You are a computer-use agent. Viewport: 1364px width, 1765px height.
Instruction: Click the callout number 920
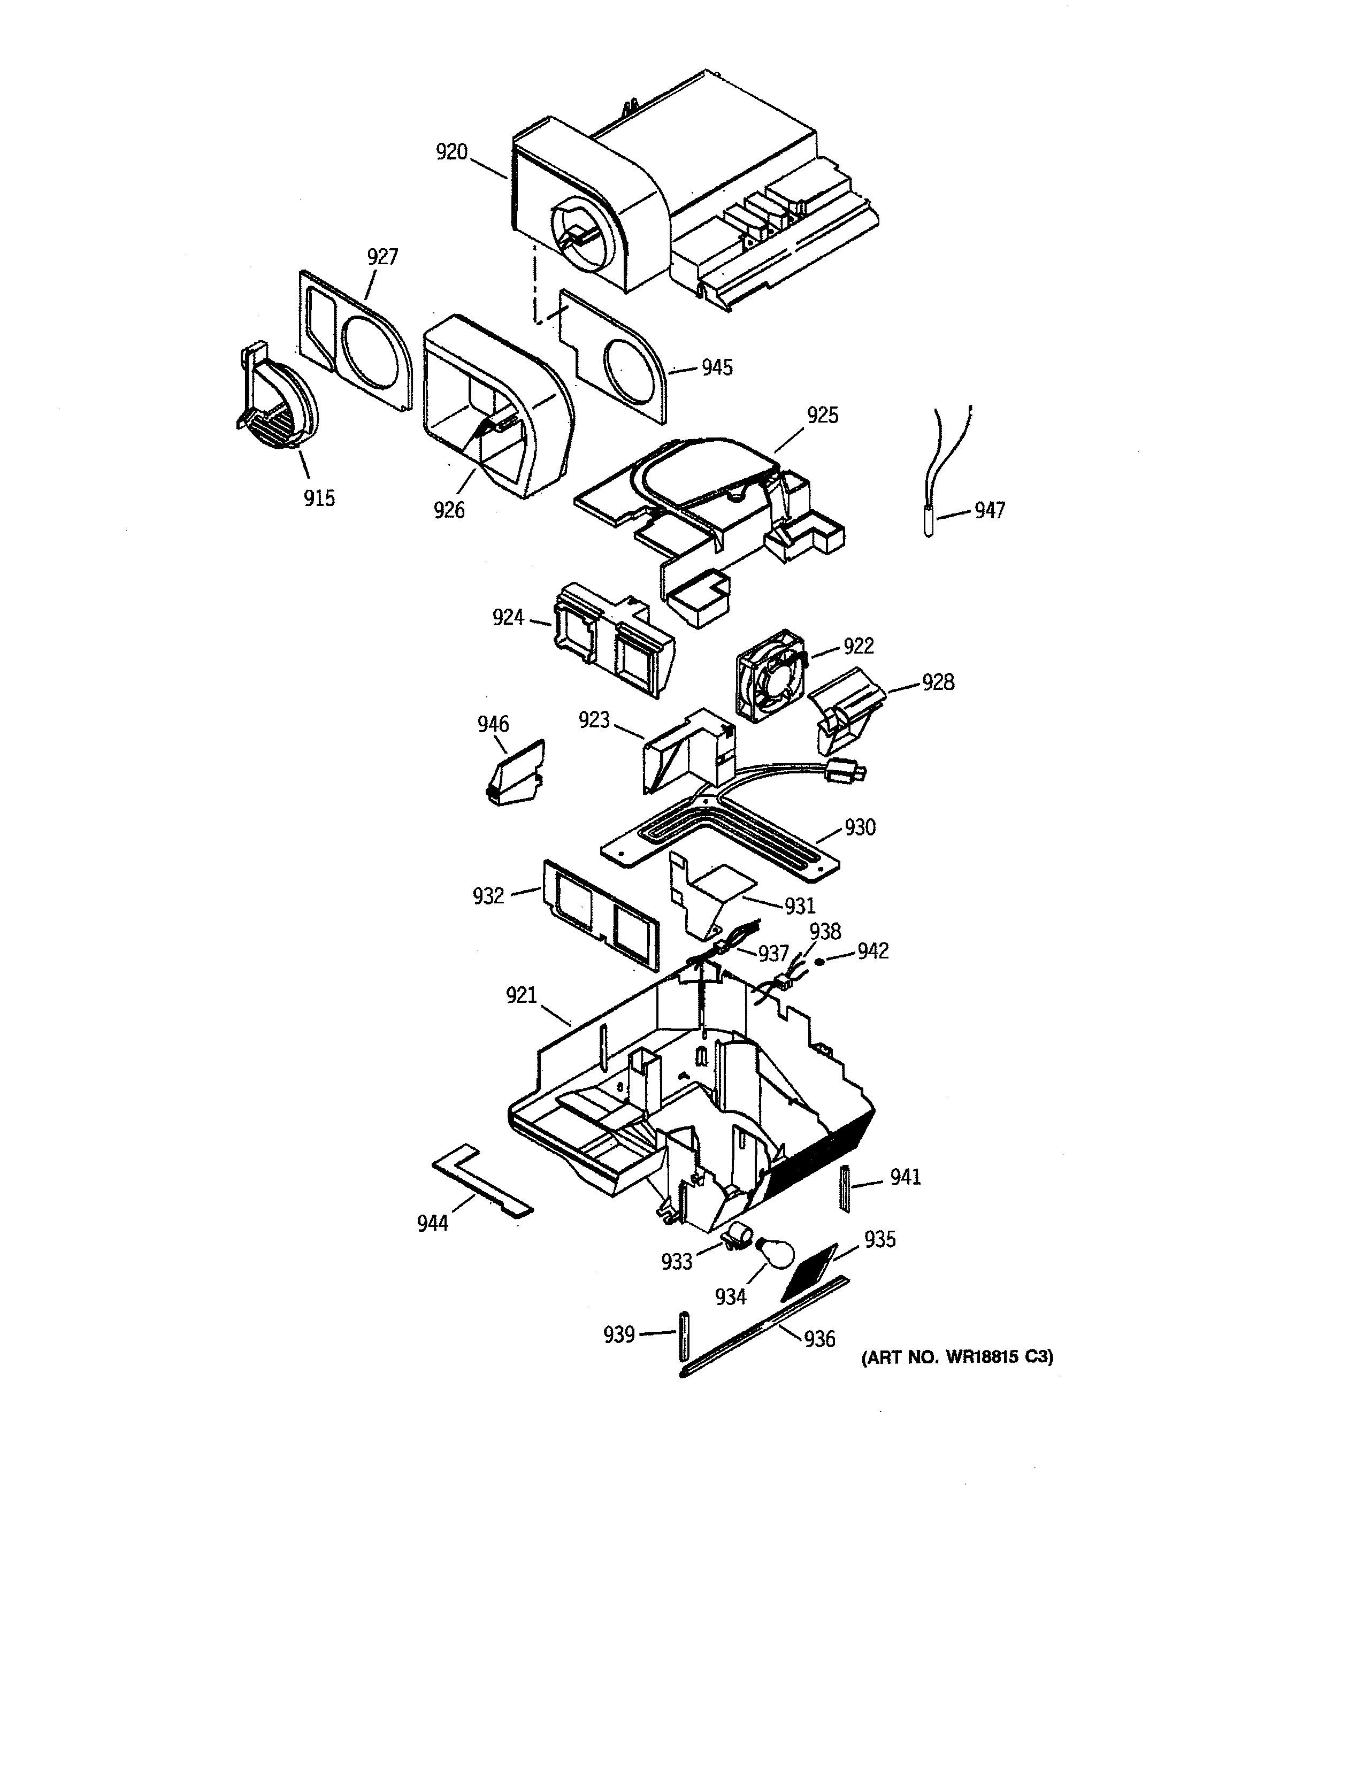click(451, 152)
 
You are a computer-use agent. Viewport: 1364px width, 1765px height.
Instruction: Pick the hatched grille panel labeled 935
click(810, 1271)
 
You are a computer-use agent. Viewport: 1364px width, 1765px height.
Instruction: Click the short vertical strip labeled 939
click(684, 1334)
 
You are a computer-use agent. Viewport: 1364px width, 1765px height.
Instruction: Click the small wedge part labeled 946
click(516, 773)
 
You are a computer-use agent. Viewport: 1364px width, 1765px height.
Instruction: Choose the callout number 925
click(823, 416)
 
